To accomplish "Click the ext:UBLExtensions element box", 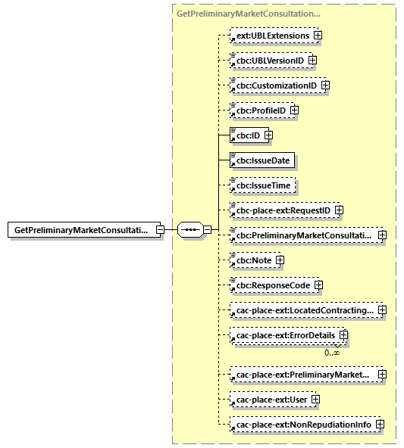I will (x=272, y=36).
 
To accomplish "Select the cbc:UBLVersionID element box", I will (x=269, y=61).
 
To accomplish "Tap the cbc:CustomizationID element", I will (x=276, y=86).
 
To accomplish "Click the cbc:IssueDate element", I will (x=262, y=160).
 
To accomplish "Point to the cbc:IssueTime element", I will (x=262, y=185).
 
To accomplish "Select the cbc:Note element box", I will (x=253, y=260).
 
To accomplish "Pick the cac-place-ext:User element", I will (x=270, y=400).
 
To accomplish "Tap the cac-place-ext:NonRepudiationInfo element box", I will (x=302, y=425).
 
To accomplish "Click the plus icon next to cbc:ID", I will (x=268, y=135).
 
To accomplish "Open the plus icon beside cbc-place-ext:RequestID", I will (x=340, y=210).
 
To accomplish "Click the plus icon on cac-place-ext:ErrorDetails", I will (x=343, y=335).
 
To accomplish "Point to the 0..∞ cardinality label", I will (x=331, y=352).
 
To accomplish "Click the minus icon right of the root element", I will (x=160, y=229).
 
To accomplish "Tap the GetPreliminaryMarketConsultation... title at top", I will (x=248, y=14).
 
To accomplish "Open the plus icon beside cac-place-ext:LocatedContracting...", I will (x=382, y=310).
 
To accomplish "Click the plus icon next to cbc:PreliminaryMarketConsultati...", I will (x=382, y=235).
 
